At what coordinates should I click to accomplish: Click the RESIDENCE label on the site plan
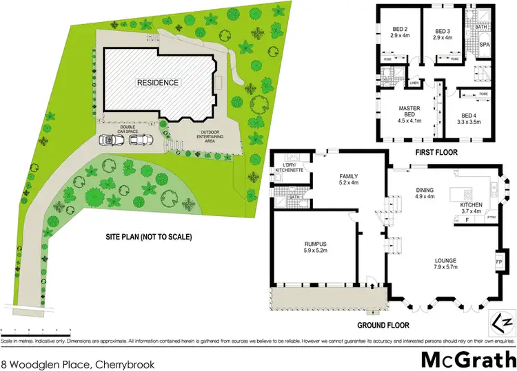pyautogui.click(x=157, y=83)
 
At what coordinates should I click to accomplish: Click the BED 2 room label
pyautogui.click(x=401, y=33)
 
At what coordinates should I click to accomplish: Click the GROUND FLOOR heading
pyautogui.click(x=383, y=325)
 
